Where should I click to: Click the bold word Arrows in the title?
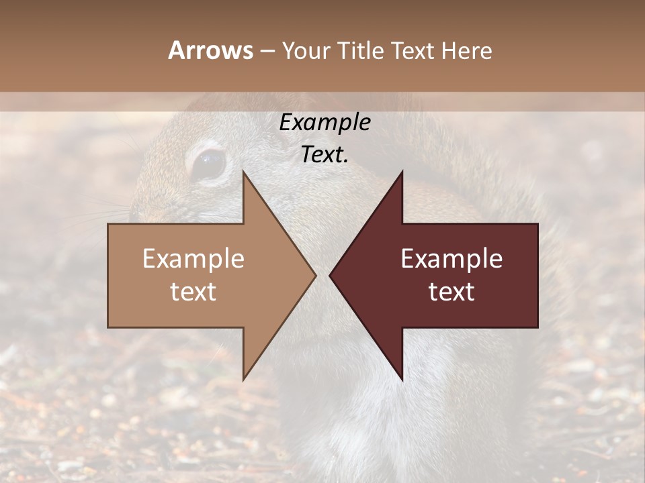210,50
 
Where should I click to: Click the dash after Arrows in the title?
267,51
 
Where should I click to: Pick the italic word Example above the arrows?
325,123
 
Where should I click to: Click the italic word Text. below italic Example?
325,155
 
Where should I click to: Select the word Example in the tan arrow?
193,259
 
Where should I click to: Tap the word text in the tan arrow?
193,292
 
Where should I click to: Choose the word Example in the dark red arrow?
451,259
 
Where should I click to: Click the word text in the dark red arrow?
451,292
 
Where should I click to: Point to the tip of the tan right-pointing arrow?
315,275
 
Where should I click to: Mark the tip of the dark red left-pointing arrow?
330,275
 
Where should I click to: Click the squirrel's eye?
209,164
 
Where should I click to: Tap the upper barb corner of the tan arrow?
243,172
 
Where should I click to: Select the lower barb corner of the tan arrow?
243,380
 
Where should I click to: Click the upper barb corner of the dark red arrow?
402,172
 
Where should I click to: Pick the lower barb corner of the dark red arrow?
402,380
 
